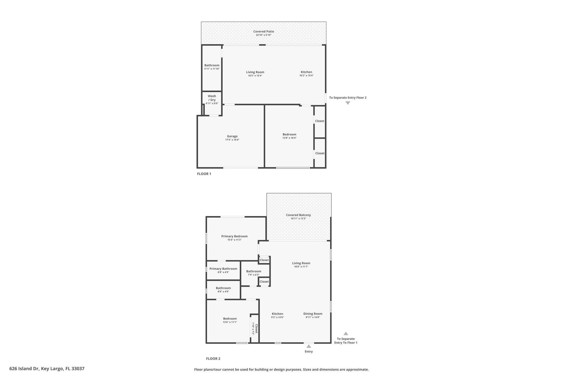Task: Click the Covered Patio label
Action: pyautogui.click(x=263, y=31)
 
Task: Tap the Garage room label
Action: pyautogui.click(x=232, y=136)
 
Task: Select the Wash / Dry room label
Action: pyautogui.click(x=212, y=98)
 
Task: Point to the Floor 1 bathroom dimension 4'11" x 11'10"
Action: pyautogui.click(x=212, y=69)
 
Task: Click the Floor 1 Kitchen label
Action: pyautogui.click(x=306, y=72)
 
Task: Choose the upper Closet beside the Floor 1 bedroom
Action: pyautogui.click(x=320, y=121)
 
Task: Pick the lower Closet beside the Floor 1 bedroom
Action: pyautogui.click(x=320, y=153)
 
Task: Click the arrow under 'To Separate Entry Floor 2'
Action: pyautogui.click(x=347, y=103)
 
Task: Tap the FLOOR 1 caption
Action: pyautogui.click(x=204, y=174)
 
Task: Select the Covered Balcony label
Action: pyautogui.click(x=298, y=215)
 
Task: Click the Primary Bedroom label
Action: pyautogui.click(x=234, y=236)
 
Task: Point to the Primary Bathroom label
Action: pyautogui.click(x=223, y=269)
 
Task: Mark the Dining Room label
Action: pyautogui.click(x=313, y=314)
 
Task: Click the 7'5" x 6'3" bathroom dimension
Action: pyautogui.click(x=253, y=275)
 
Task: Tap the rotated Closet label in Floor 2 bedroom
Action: pyautogui.click(x=256, y=329)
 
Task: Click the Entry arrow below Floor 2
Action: pyautogui.click(x=308, y=346)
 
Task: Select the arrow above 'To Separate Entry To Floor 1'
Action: pyautogui.click(x=346, y=333)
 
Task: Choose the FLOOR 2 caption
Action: pyautogui.click(x=213, y=359)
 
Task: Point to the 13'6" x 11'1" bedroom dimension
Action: pyautogui.click(x=230, y=322)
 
